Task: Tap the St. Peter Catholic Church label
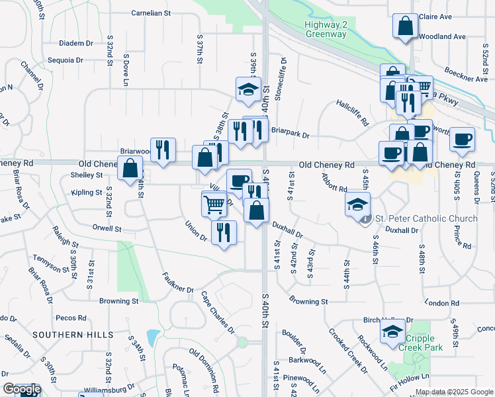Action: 426,219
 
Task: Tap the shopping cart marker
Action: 214,204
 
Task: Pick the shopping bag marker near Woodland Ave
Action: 405,26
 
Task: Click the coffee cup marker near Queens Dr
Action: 462,139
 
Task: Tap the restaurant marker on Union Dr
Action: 224,232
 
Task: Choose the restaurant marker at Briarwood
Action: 162,150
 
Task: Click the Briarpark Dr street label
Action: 290,134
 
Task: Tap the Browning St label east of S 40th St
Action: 308,302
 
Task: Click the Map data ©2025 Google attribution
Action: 454,392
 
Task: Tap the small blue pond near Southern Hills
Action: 153,338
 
